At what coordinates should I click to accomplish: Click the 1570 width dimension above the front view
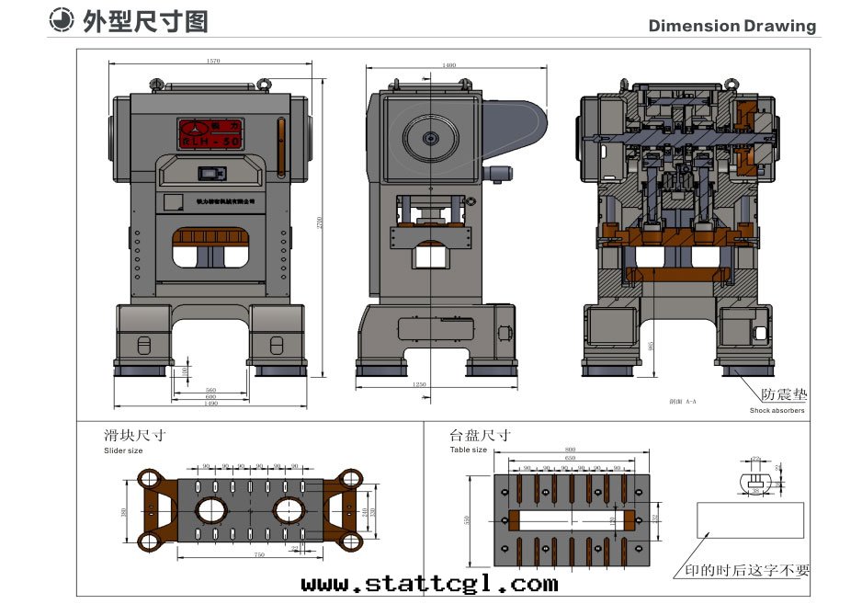(x=214, y=62)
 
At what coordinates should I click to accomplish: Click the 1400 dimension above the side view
(x=448, y=65)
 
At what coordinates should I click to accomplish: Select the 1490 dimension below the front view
(x=211, y=404)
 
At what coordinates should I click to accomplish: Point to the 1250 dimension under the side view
(x=419, y=384)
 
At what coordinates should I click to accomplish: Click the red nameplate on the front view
(x=211, y=133)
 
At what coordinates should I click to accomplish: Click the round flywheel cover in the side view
(x=430, y=139)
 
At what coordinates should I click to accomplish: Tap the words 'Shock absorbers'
(x=777, y=411)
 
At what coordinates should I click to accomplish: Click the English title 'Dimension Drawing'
(x=732, y=26)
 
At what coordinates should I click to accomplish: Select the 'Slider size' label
(x=123, y=451)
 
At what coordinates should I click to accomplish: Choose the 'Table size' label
(x=468, y=450)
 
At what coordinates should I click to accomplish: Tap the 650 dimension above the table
(x=571, y=457)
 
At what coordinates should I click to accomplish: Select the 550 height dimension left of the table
(x=469, y=520)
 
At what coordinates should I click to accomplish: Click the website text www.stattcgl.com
(x=429, y=584)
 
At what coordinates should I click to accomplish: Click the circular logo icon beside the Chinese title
(x=62, y=21)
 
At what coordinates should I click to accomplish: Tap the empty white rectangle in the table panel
(x=750, y=519)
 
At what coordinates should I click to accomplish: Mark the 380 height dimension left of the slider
(x=124, y=511)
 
